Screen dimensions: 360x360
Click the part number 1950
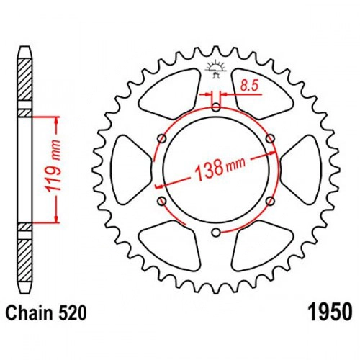coord(330,312)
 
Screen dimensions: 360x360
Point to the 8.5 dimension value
coord(249,86)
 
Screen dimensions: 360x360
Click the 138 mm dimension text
coord(220,167)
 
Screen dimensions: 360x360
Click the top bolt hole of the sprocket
coord(216,107)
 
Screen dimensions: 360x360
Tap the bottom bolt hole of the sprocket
coord(216,232)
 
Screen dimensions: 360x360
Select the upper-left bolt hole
coord(162,139)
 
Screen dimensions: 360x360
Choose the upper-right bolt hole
coord(271,138)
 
